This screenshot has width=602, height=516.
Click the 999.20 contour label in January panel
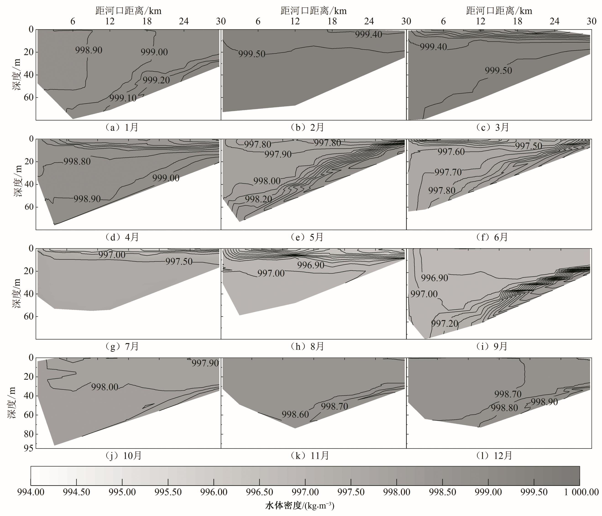coord(156,80)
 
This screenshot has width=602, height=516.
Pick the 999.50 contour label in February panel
coord(252,54)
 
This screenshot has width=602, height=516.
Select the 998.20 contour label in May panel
coord(258,199)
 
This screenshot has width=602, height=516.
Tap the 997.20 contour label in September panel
coord(445,323)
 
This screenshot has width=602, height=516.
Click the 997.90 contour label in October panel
coord(205,363)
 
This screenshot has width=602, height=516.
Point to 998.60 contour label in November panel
coord(295,414)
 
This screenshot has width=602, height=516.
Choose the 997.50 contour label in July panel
coord(179,262)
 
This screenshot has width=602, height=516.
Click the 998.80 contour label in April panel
coord(77,161)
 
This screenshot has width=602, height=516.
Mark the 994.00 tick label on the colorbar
coord(31,492)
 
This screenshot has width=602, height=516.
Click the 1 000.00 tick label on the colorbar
coord(581,492)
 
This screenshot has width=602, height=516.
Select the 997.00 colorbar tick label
coord(305,492)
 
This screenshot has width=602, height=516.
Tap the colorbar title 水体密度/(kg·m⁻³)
coord(300,506)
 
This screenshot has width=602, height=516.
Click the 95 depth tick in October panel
coord(29,448)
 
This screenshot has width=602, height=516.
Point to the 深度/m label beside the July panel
coord(17,293)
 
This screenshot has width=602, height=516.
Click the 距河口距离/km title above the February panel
coord(314,11)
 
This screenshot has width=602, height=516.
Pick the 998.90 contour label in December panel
coord(544,402)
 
